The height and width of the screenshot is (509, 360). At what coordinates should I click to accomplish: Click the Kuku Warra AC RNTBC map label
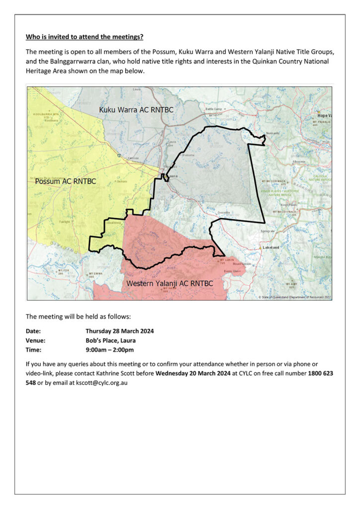coord(136,109)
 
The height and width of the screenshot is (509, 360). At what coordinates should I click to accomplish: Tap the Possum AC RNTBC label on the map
coord(65,181)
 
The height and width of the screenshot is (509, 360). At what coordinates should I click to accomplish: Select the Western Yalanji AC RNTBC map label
coord(170,283)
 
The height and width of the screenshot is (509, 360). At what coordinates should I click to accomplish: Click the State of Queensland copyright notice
coord(294,297)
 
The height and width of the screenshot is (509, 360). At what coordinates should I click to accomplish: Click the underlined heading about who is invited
coord(85,37)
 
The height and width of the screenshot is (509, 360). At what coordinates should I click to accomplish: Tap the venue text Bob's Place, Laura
coord(110,340)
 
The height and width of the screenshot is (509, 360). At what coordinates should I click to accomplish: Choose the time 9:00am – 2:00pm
coord(110,350)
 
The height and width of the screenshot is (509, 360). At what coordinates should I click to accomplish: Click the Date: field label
coord(33,331)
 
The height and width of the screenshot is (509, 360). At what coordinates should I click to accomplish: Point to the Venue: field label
coord(35,340)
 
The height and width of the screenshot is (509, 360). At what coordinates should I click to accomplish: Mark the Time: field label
coord(33,350)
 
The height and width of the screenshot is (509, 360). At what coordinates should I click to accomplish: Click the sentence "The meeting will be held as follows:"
coord(79,316)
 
